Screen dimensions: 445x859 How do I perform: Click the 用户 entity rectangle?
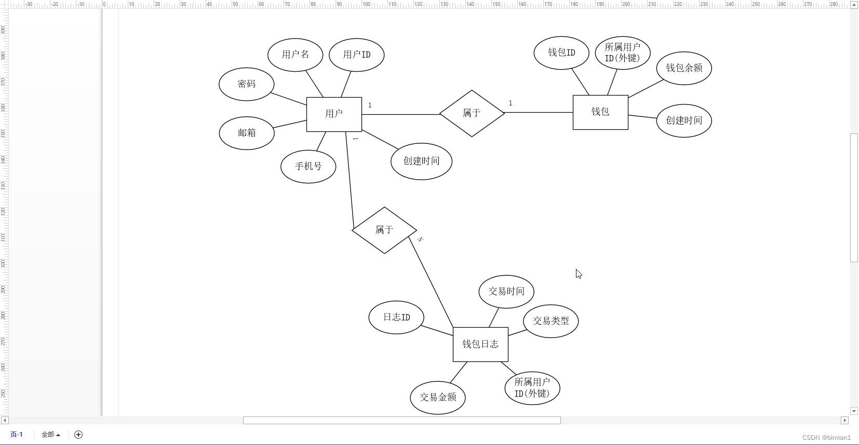(334, 114)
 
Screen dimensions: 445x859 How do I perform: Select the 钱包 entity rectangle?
(600, 112)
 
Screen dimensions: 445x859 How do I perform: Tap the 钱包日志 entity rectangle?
(480, 344)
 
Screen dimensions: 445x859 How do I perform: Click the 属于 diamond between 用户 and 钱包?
(472, 113)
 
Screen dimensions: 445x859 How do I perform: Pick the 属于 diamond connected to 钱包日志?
(384, 230)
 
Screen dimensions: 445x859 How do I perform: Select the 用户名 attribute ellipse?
(295, 55)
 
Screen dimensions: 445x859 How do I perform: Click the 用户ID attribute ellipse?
(357, 55)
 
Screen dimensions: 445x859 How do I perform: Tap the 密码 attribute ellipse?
(246, 84)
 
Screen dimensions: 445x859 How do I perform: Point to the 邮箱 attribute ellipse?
(247, 133)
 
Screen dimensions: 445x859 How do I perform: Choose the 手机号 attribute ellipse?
(308, 167)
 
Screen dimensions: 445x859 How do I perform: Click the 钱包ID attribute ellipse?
(561, 52)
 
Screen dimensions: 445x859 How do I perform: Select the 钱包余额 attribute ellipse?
(684, 68)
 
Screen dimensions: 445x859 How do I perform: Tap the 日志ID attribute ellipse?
(396, 317)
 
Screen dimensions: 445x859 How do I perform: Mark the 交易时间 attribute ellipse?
(506, 291)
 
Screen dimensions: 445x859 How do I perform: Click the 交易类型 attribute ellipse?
(551, 321)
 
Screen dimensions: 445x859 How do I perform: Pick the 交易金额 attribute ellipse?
(438, 397)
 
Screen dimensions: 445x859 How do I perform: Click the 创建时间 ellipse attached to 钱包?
(684, 120)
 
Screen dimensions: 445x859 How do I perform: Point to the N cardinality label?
(420, 239)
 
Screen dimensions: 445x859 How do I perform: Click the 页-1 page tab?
(17, 435)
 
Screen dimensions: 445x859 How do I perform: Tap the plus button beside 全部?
(78, 435)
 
